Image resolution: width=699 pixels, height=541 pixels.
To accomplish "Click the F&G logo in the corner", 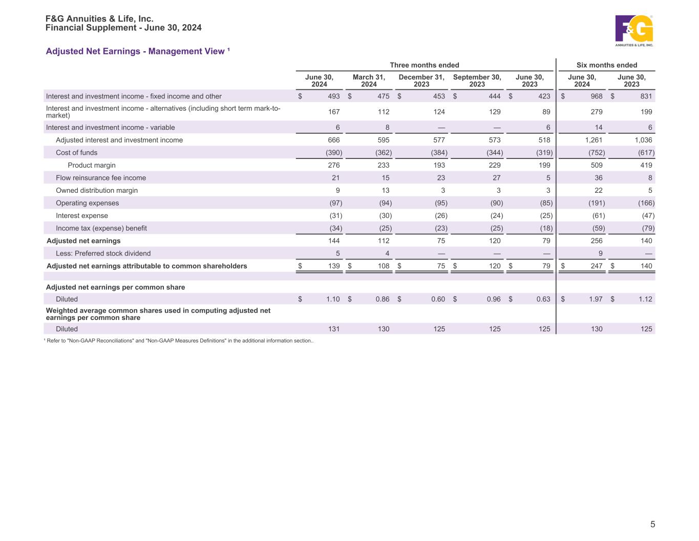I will tap(634, 30).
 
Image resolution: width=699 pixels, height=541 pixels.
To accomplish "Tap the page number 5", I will tap(652, 524).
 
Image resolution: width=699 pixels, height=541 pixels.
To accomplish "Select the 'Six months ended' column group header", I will tap(607, 65).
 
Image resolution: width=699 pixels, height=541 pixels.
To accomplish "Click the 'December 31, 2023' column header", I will tap(421, 81).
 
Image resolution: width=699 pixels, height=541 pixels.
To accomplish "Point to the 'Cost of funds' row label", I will tap(76, 152).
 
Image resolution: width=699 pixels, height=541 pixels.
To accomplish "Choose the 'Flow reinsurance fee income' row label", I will tap(101, 178).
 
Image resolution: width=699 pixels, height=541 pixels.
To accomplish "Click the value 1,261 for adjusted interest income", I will tap(594, 140).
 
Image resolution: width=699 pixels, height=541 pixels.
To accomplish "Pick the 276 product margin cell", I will tap(333, 165).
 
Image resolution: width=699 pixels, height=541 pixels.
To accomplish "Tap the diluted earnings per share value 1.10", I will tap(333, 299).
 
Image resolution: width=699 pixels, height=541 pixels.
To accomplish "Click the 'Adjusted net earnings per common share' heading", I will tap(115, 287).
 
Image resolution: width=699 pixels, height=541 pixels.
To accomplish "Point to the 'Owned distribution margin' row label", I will tap(97, 190).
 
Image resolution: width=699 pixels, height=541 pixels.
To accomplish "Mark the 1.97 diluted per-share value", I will tap(595, 299).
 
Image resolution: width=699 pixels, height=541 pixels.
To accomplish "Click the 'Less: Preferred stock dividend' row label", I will tap(103, 253).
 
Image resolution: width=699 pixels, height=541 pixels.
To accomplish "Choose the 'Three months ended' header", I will tap(425, 65).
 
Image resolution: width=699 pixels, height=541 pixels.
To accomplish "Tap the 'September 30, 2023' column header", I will tap(477, 81).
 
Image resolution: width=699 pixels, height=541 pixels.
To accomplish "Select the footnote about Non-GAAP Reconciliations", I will tap(180, 340).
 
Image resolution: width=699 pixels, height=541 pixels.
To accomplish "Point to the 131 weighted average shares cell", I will tap(333, 329).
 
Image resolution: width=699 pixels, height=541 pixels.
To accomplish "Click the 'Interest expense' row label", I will tap(82, 215).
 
